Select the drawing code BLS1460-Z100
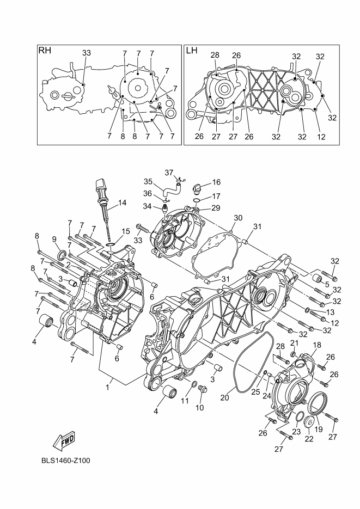click(x=65, y=461)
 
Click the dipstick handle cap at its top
click(x=100, y=181)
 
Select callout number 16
click(x=216, y=182)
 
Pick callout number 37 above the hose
click(x=169, y=173)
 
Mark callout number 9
click(x=54, y=239)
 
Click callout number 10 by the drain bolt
click(x=199, y=408)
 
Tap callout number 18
click(x=316, y=345)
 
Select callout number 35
click(x=148, y=182)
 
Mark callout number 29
click(x=216, y=208)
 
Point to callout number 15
click(x=126, y=231)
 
